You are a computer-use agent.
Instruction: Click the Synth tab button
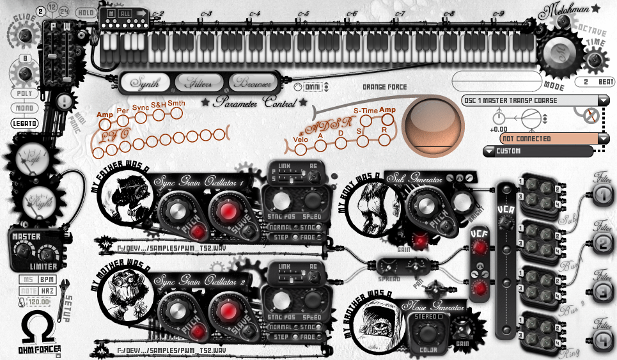point(144,82)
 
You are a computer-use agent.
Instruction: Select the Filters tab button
point(199,82)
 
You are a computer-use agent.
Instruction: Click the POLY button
point(24,93)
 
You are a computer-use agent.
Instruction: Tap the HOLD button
point(85,12)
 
